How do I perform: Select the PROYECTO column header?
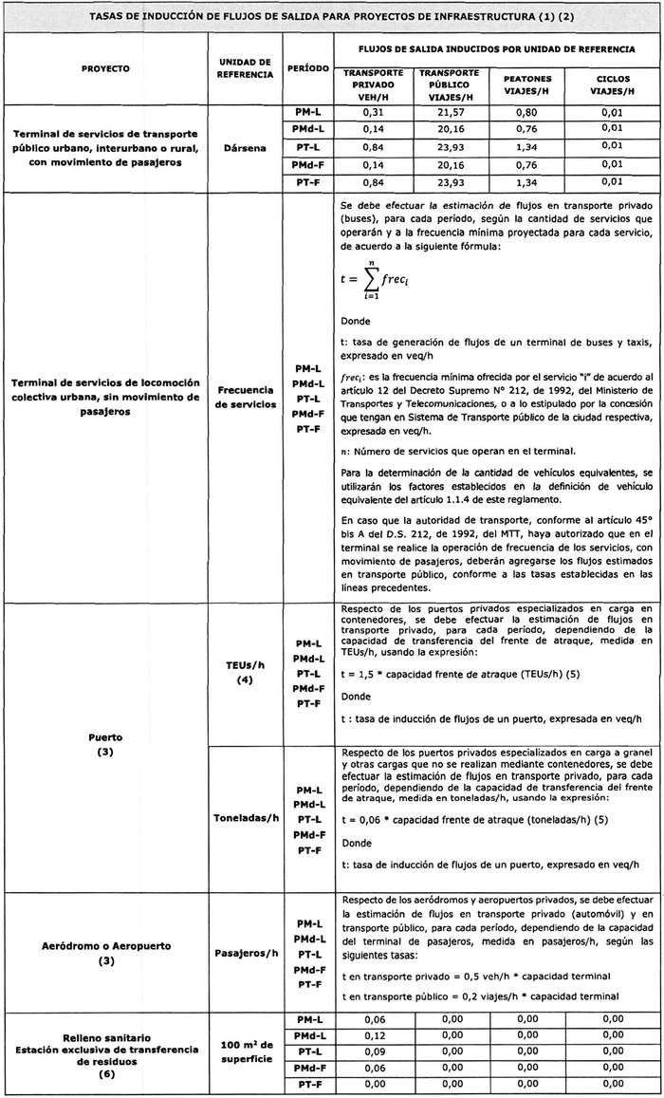[104, 69]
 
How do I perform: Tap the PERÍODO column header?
[307, 69]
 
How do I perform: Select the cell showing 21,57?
[451, 113]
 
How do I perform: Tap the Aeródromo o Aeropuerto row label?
[104, 953]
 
